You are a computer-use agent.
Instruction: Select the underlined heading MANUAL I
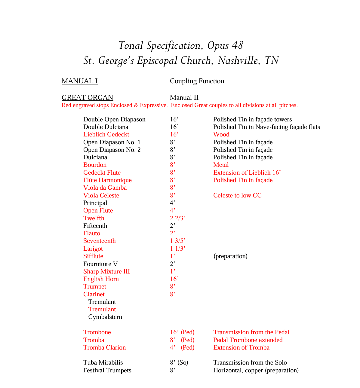coord(79,81)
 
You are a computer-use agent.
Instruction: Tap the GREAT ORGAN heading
coord(87,98)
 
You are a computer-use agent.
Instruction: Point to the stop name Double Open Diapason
coord(114,120)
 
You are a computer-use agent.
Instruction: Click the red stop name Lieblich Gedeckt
coord(106,135)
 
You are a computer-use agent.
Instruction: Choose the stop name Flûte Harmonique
coord(107,180)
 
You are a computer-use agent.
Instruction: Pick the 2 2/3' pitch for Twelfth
coord(177,218)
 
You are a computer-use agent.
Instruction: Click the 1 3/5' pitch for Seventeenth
coord(177,241)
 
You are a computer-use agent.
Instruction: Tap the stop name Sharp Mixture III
coord(106,272)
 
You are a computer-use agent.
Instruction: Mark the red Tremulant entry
coord(102,310)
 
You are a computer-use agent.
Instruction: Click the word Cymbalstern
coord(105,317)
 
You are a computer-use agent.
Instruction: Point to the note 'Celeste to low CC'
coord(237,196)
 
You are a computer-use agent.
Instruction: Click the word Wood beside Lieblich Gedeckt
coord(221,135)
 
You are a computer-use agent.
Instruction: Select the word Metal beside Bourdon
coord(221,165)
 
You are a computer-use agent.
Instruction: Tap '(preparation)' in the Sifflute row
coord(230,256)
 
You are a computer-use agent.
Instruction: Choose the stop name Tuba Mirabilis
coord(103,363)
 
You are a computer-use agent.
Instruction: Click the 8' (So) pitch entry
coord(179,363)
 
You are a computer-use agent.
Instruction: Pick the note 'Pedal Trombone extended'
coord(248,340)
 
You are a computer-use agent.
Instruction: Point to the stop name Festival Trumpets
coord(107,371)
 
